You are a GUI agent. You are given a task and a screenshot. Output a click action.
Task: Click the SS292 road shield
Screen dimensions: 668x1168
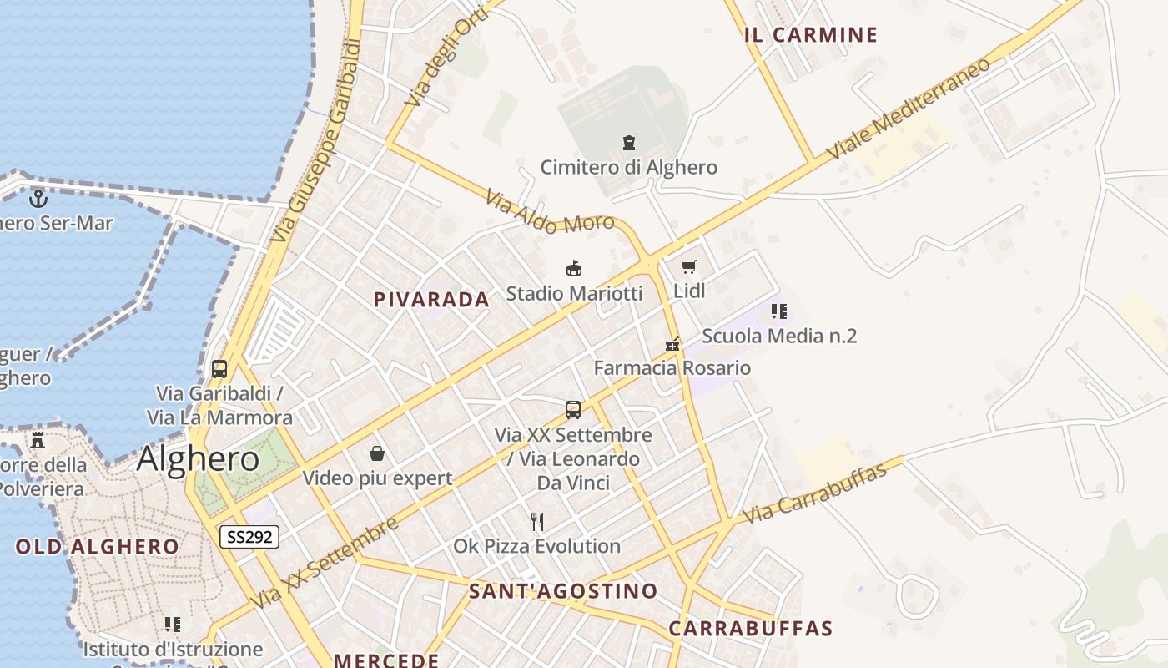click(x=249, y=537)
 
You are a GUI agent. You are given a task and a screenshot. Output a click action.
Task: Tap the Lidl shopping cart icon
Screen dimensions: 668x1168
click(x=688, y=267)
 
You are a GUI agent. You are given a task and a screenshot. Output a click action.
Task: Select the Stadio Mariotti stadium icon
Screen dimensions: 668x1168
click(x=574, y=269)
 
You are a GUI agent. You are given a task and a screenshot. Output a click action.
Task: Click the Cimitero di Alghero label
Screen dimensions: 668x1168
click(x=628, y=167)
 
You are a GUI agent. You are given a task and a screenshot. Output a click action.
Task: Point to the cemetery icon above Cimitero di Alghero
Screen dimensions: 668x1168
click(x=628, y=143)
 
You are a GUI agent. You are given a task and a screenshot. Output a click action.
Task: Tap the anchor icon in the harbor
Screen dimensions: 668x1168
click(x=38, y=199)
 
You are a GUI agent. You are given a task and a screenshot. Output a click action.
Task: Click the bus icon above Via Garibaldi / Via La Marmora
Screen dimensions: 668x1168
click(x=219, y=368)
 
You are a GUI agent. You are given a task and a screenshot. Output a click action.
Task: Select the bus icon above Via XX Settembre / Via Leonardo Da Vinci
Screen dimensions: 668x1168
click(x=573, y=409)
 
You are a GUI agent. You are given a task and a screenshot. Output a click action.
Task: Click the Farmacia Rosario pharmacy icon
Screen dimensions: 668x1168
click(x=672, y=344)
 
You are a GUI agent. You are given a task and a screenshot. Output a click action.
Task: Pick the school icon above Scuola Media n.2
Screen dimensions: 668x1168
click(x=778, y=311)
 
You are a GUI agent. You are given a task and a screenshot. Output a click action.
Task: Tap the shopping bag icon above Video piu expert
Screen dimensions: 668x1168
click(x=377, y=453)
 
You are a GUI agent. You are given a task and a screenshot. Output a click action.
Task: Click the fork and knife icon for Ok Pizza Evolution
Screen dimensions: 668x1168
click(x=537, y=522)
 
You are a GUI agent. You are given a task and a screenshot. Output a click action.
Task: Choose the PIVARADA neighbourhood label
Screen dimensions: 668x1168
click(x=431, y=300)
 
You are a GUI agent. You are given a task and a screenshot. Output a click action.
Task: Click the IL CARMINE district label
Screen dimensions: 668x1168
click(x=811, y=35)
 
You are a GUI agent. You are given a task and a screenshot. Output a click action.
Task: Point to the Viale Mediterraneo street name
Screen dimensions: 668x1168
click(x=909, y=109)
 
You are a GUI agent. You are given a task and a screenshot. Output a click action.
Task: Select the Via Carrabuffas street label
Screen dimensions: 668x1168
click(x=814, y=494)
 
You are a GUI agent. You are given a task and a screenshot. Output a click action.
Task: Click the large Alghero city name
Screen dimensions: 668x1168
click(x=198, y=459)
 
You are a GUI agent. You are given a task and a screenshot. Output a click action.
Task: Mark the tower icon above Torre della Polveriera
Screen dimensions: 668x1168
click(x=38, y=440)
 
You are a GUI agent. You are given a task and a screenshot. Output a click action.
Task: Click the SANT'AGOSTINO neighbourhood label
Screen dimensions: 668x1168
click(x=563, y=591)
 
